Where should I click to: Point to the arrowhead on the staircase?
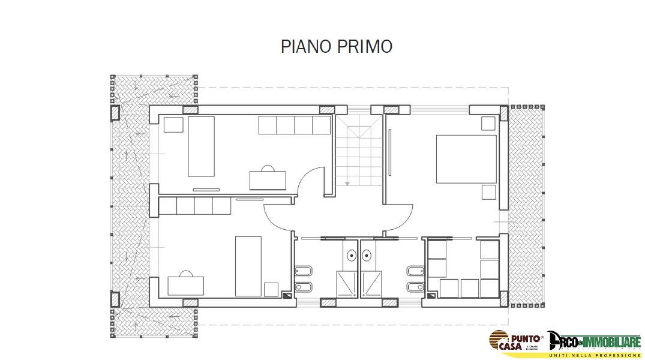coord(346,182)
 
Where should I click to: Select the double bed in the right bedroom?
coord(466,158)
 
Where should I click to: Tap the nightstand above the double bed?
coord(488,124)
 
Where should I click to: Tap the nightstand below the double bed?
coord(488,192)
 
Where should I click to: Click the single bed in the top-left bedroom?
coord(201,146)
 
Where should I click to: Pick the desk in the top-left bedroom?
coord(268,179)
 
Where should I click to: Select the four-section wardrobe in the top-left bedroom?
coord(295,125)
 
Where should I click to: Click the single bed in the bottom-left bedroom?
coord(248,266)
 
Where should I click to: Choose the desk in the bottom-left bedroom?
coord(185,285)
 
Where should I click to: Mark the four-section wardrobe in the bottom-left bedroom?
coord(195,206)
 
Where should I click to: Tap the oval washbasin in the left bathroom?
coord(351,256)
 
